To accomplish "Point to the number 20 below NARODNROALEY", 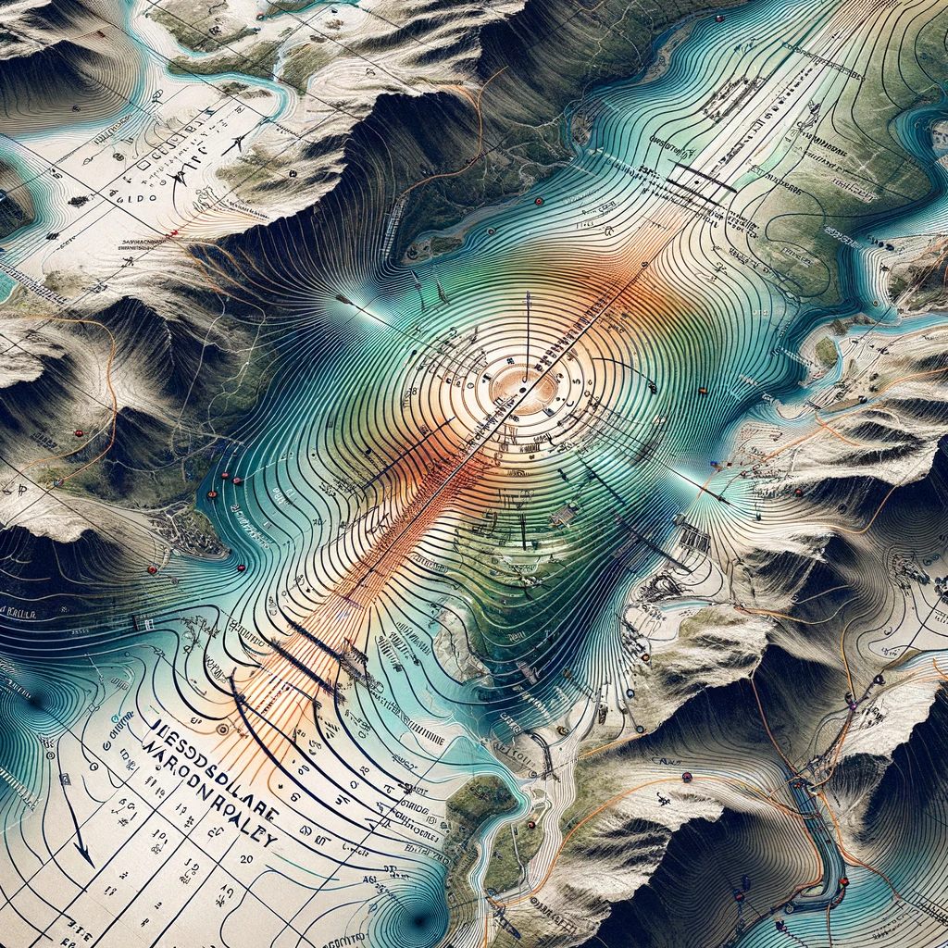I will coord(246,859).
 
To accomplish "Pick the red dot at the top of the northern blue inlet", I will coord(717,17).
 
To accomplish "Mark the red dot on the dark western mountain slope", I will coord(78,433).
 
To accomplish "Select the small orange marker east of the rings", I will coord(703,390).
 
